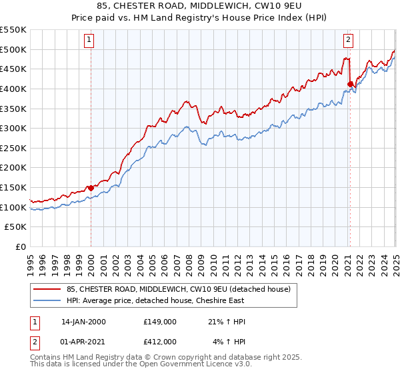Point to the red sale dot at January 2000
(91, 188)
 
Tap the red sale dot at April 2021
(350, 83)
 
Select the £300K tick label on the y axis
(14, 128)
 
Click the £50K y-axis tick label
(16, 227)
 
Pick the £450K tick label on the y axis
(14, 69)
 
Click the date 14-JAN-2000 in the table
(84, 322)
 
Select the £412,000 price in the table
(160, 341)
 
